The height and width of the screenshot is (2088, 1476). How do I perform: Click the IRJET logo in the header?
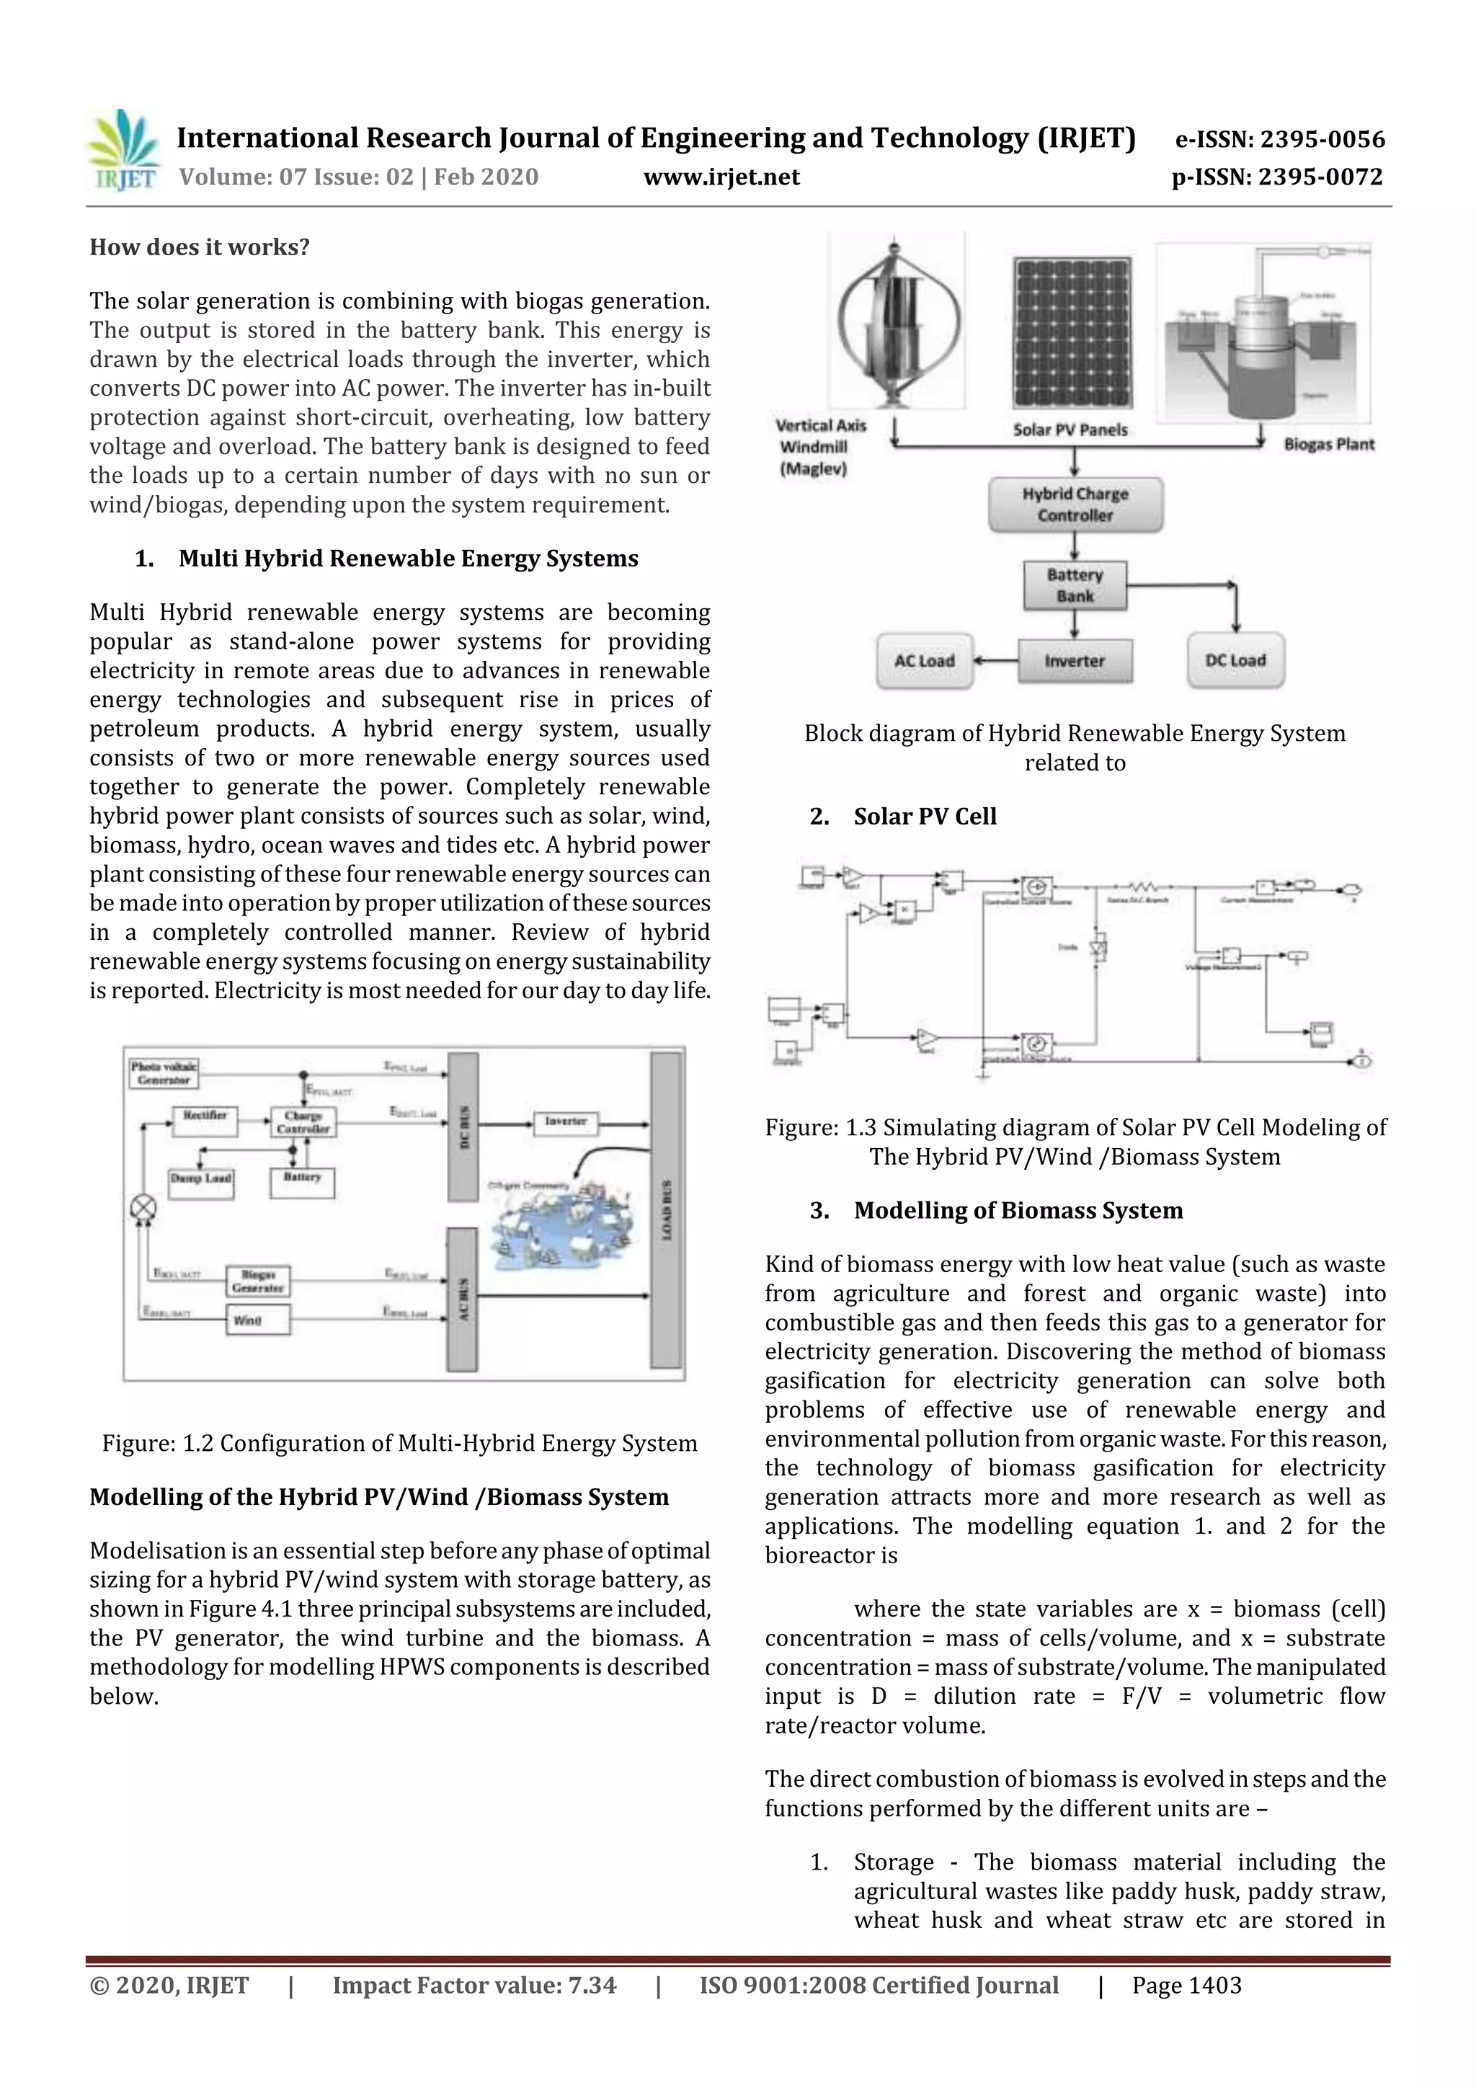(123, 150)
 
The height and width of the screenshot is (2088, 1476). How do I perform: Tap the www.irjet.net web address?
(721, 177)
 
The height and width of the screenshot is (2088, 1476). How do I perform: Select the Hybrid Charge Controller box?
(1075, 505)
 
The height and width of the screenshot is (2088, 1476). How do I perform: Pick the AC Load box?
(924, 661)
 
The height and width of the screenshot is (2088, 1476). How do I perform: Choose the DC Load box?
(1235, 661)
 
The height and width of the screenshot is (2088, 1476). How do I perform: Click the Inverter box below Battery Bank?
(1075, 661)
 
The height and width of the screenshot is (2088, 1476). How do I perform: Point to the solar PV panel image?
(1073, 334)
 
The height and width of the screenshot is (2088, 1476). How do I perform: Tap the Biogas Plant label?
(1329, 445)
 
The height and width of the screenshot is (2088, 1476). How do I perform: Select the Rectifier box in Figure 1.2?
(205, 1120)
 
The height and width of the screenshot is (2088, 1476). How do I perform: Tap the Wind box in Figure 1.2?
(257, 1320)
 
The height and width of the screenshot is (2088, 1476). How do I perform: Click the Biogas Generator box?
(258, 1281)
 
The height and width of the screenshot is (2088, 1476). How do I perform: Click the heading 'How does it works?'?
(199, 247)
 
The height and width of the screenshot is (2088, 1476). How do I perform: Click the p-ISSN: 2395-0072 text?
(1277, 177)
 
